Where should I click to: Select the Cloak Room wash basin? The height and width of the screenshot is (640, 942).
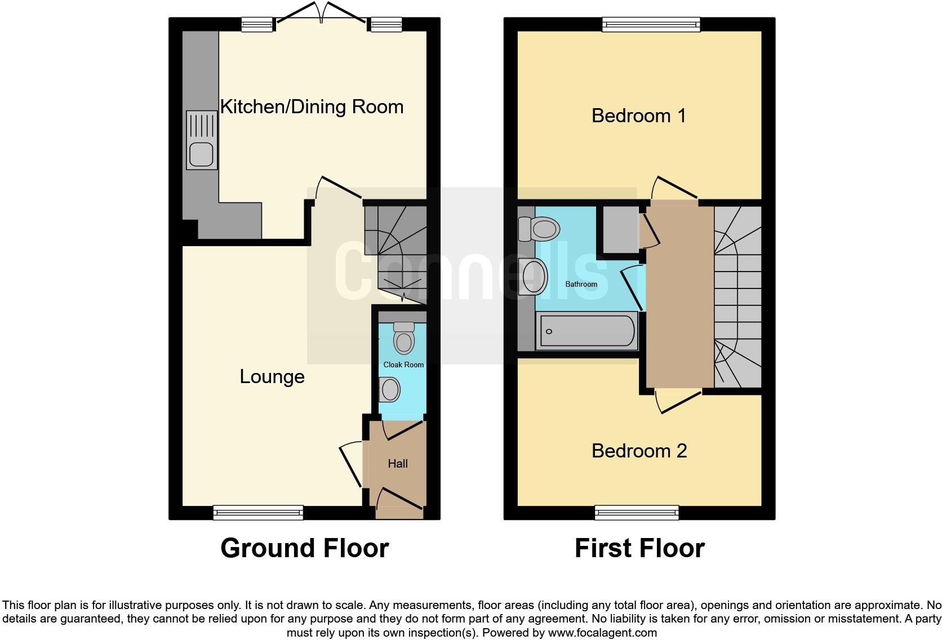click(390, 389)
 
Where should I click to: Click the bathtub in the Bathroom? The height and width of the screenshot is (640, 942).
click(587, 331)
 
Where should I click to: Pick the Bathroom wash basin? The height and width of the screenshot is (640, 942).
click(534, 277)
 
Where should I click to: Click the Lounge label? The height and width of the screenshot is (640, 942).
click(272, 377)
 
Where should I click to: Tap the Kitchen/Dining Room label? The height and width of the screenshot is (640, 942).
click(312, 107)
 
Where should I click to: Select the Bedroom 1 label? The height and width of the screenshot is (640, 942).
click(638, 116)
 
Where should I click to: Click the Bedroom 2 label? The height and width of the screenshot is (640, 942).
click(639, 451)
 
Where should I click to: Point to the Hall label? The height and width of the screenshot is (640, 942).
click(398, 464)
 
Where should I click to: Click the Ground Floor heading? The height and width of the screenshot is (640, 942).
click(304, 548)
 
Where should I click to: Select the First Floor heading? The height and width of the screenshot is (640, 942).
click(639, 548)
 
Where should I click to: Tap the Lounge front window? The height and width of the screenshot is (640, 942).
click(258, 512)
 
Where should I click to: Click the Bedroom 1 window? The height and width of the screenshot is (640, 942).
click(651, 23)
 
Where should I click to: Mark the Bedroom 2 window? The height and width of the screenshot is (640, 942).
click(637, 512)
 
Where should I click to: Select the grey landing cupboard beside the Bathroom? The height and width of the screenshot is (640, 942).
click(620, 229)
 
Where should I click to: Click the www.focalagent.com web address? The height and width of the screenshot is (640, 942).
click(602, 633)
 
